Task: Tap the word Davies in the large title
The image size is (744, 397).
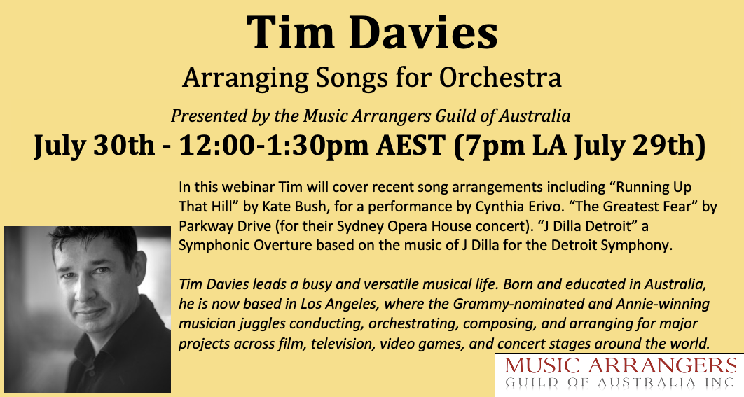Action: [x=424, y=33]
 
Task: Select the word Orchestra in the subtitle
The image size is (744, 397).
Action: [x=500, y=77]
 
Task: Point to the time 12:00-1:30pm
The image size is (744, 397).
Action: [x=273, y=145]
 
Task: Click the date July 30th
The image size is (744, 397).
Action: [x=94, y=145]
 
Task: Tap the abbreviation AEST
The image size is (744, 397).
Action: [x=411, y=145]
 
